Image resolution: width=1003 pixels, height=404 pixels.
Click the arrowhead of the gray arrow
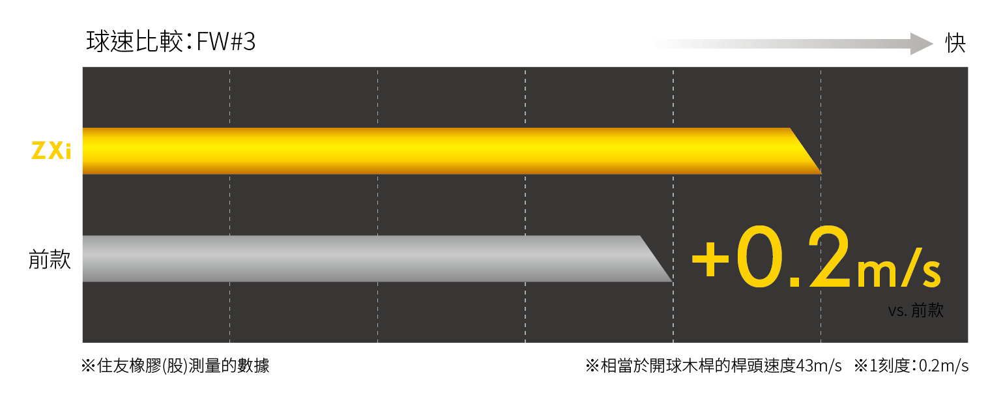pos(922,44)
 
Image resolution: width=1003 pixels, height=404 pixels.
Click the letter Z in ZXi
pos(39,151)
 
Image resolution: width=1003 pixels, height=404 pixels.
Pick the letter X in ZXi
pos(57,151)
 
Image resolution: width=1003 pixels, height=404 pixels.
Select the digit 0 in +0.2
pos(757,258)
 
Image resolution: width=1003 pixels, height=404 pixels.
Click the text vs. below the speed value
pos(897,311)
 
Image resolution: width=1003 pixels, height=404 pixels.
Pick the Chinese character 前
pos(919,310)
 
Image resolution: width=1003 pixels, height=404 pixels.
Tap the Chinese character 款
pos(936,310)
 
